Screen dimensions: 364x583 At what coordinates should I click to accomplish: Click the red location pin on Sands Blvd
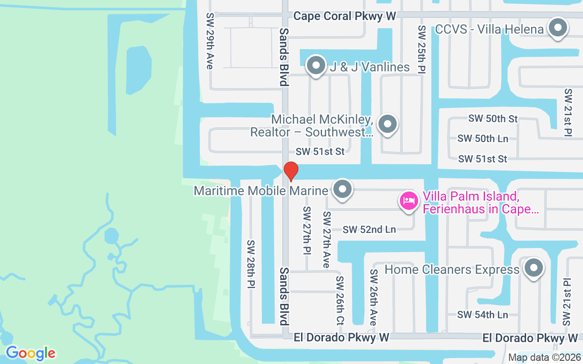pos(291,171)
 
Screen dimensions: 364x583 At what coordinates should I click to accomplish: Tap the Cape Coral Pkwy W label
pos(344,16)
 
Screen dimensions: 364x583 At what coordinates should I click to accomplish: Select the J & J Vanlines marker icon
pos(316,66)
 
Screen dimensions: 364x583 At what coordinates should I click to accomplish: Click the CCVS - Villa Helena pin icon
pos(557,28)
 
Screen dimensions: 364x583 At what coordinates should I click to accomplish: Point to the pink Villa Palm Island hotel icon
pos(409,201)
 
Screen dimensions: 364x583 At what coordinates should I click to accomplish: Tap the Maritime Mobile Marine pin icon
pos(342,190)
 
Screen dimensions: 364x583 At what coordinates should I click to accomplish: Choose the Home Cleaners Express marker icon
pos(533,268)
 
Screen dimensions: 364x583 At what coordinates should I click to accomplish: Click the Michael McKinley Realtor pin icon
pos(388,124)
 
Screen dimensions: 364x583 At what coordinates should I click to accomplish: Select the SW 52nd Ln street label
pos(369,230)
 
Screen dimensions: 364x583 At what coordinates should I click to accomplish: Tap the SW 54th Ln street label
pos(483,315)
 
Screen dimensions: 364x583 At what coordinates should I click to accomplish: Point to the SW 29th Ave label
pos(210,41)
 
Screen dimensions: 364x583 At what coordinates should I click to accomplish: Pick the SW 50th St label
pos(493,119)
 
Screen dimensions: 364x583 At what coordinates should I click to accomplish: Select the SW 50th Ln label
pos(483,139)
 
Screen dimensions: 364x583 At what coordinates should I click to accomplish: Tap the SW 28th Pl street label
pos(251,264)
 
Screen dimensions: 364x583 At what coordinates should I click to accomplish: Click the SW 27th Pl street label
pos(307,231)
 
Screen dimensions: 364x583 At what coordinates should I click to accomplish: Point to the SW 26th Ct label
pos(340,300)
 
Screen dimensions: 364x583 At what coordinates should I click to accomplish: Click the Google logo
pos(31,353)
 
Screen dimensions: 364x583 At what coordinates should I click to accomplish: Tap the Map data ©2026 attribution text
pos(544,358)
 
